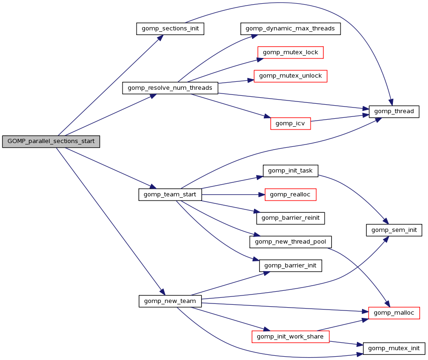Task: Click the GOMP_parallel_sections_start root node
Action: (51, 141)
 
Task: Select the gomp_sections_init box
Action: (171, 29)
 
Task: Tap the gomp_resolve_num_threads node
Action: (170, 88)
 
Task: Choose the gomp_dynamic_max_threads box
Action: (290, 29)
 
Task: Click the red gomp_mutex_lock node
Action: (290, 52)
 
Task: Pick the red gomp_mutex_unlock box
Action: (290, 76)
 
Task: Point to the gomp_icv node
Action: (290, 123)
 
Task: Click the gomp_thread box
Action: (394, 111)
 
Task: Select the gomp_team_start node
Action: (170, 194)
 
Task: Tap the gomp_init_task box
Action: (290, 171)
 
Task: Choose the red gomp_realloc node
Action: (290, 194)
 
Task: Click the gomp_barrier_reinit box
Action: (290, 218)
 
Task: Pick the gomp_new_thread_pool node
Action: (290, 242)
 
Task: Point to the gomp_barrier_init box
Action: (290, 266)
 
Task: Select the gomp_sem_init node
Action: (394, 230)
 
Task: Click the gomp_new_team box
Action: (170, 301)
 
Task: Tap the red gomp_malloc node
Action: (394, 313)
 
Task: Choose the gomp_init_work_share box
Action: (290, 337)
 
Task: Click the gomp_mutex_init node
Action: (394, 348)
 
